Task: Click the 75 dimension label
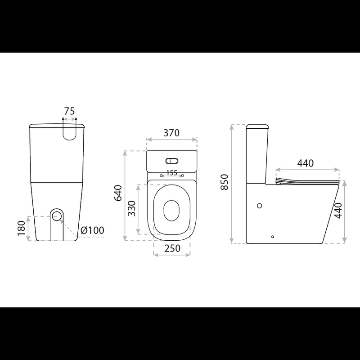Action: [69, 111]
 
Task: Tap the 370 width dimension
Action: [171, 133]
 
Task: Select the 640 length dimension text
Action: [118, 193]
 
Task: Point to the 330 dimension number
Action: [132, 208]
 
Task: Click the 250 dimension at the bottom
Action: [172, 248]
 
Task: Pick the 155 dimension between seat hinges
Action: [172, 173]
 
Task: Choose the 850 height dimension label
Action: [224, 182]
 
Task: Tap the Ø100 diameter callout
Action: [93, 230]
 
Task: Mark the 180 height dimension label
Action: [21, 228]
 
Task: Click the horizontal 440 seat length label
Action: [306, 163]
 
